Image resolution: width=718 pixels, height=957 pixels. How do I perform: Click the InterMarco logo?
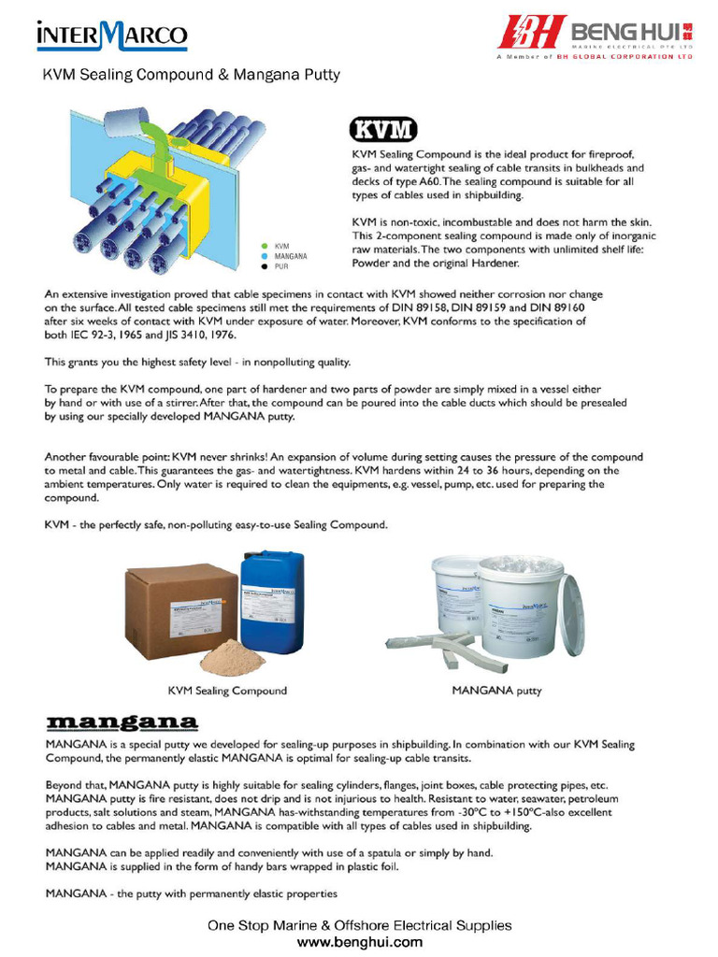[111, 36]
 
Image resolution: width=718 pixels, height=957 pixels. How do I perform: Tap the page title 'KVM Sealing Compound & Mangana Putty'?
[192, 74]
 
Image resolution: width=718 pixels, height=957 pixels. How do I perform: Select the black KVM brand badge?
[383, 130]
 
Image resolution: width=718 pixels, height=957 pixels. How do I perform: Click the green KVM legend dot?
[265, 245]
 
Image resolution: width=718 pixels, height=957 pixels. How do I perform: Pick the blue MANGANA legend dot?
[265, 255]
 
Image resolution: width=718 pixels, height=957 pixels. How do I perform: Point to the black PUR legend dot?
[265, 266]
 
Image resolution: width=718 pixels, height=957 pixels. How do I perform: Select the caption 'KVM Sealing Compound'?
[227, 691]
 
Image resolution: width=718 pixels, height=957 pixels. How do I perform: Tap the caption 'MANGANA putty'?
[496, 691]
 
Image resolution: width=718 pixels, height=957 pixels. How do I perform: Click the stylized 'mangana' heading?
[122, 722]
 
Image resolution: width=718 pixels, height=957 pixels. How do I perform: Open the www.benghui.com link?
[359, 941]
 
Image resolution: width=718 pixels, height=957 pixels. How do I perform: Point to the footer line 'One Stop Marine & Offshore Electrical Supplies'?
[359, 925]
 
